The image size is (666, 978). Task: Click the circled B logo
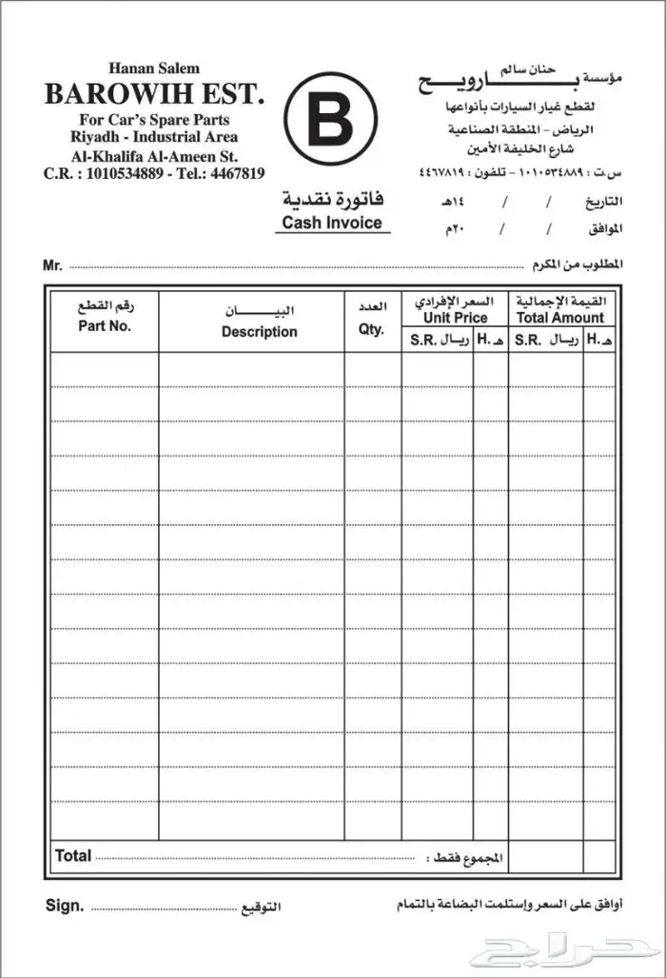click(330, 119)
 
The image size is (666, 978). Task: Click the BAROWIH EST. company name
click(154, 95)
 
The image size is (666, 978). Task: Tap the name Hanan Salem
click(154, 68)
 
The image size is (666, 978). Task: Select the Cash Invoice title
click(332, 224)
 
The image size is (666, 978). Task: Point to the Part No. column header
click(106, 325)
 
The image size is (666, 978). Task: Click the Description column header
click(259, 332)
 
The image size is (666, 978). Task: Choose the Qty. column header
click(371, 329)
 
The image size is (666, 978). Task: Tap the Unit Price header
click(455, 318)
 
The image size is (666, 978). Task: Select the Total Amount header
click(560, 318)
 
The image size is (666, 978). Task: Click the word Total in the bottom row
click(73, 855)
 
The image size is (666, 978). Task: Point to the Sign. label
click(65, 906)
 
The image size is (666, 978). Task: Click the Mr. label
click(52, 264)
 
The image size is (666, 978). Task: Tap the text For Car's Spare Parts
click(154, 120)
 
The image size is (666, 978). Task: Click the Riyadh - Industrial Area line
click(154, 137)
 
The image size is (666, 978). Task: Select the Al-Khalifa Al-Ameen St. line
click(154, 155)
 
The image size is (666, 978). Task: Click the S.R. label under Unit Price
click(424, 341)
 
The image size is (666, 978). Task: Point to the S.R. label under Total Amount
click(531, 341)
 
